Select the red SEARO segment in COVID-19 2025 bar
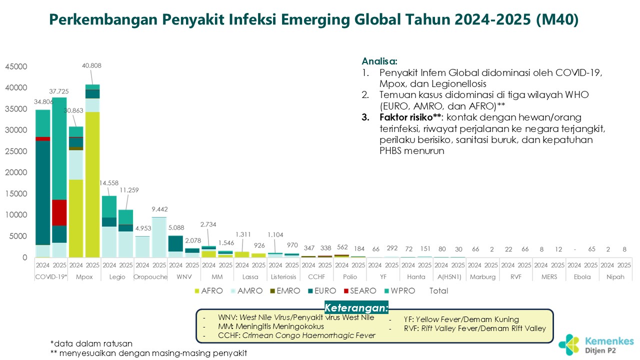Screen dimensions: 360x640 (x=59, y=212)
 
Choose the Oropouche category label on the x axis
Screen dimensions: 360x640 (x=150, y=276)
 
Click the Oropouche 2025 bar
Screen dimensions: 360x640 (x=159, y=237)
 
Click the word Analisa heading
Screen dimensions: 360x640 (x=379, y=61)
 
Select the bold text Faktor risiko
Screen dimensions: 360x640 (x=405, y=117)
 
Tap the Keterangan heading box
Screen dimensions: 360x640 (x=356, y=307)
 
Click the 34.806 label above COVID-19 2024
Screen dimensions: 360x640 (x=43, y=101)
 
